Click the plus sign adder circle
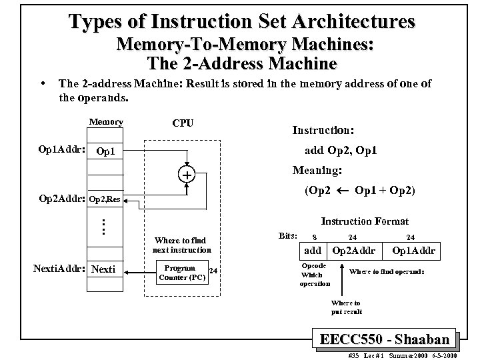point(187,175)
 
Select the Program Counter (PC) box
point(179,271)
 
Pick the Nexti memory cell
point(104,269)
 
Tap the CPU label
point(183,123)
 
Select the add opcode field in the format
point(312,251)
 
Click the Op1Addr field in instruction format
point(414,251)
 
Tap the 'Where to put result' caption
point(346,307)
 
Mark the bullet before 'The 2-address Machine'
point(43,84)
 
